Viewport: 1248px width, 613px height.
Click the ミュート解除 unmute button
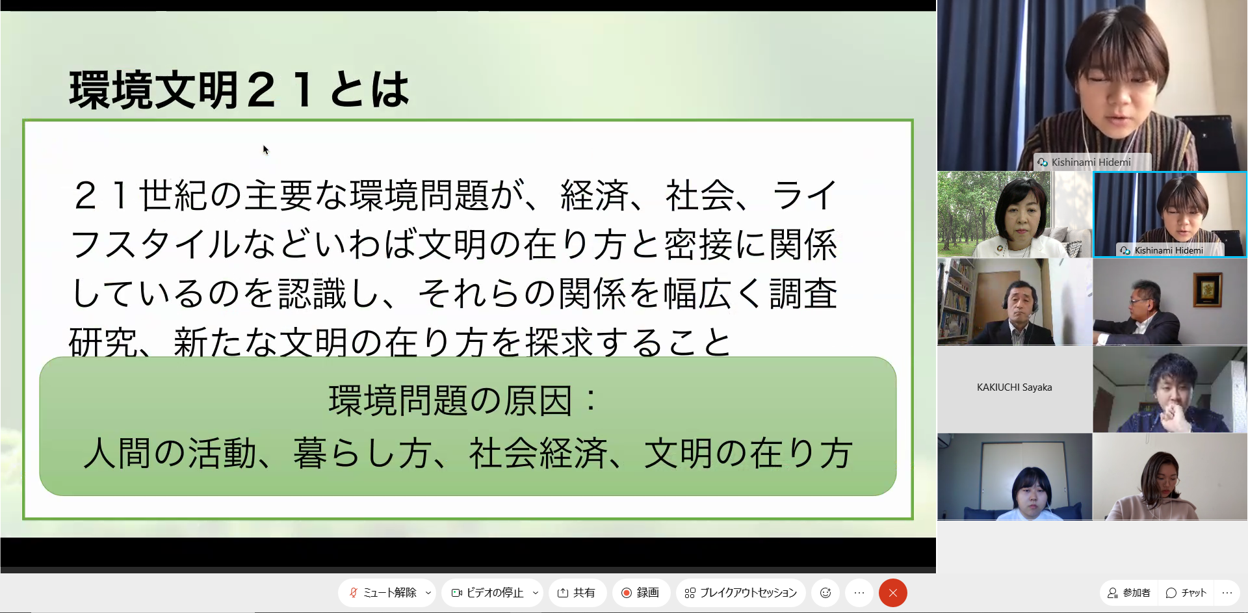(383, 593)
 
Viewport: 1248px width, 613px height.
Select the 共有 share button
(577, 593)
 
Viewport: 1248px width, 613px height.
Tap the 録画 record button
(641, 593)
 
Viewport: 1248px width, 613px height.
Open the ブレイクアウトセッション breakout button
(741, 593)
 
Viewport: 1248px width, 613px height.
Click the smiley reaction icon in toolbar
(825, 593)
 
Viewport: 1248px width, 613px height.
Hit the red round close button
(893, 593)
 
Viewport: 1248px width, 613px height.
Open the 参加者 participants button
(1130, 593)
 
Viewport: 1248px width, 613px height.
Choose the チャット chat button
(1186, 593)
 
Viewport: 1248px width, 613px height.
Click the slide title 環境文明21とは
(239, 89)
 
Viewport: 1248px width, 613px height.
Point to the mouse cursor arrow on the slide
(265, 150)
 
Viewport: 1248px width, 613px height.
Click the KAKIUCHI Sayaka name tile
(1015, 388)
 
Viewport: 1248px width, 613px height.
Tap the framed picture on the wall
(1208, 289)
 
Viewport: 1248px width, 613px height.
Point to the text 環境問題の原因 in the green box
(450, 400)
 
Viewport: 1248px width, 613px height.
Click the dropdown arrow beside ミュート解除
(428, 593)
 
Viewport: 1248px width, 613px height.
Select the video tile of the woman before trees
(1015, 215)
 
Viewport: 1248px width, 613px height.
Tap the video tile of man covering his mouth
(1170, 389)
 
